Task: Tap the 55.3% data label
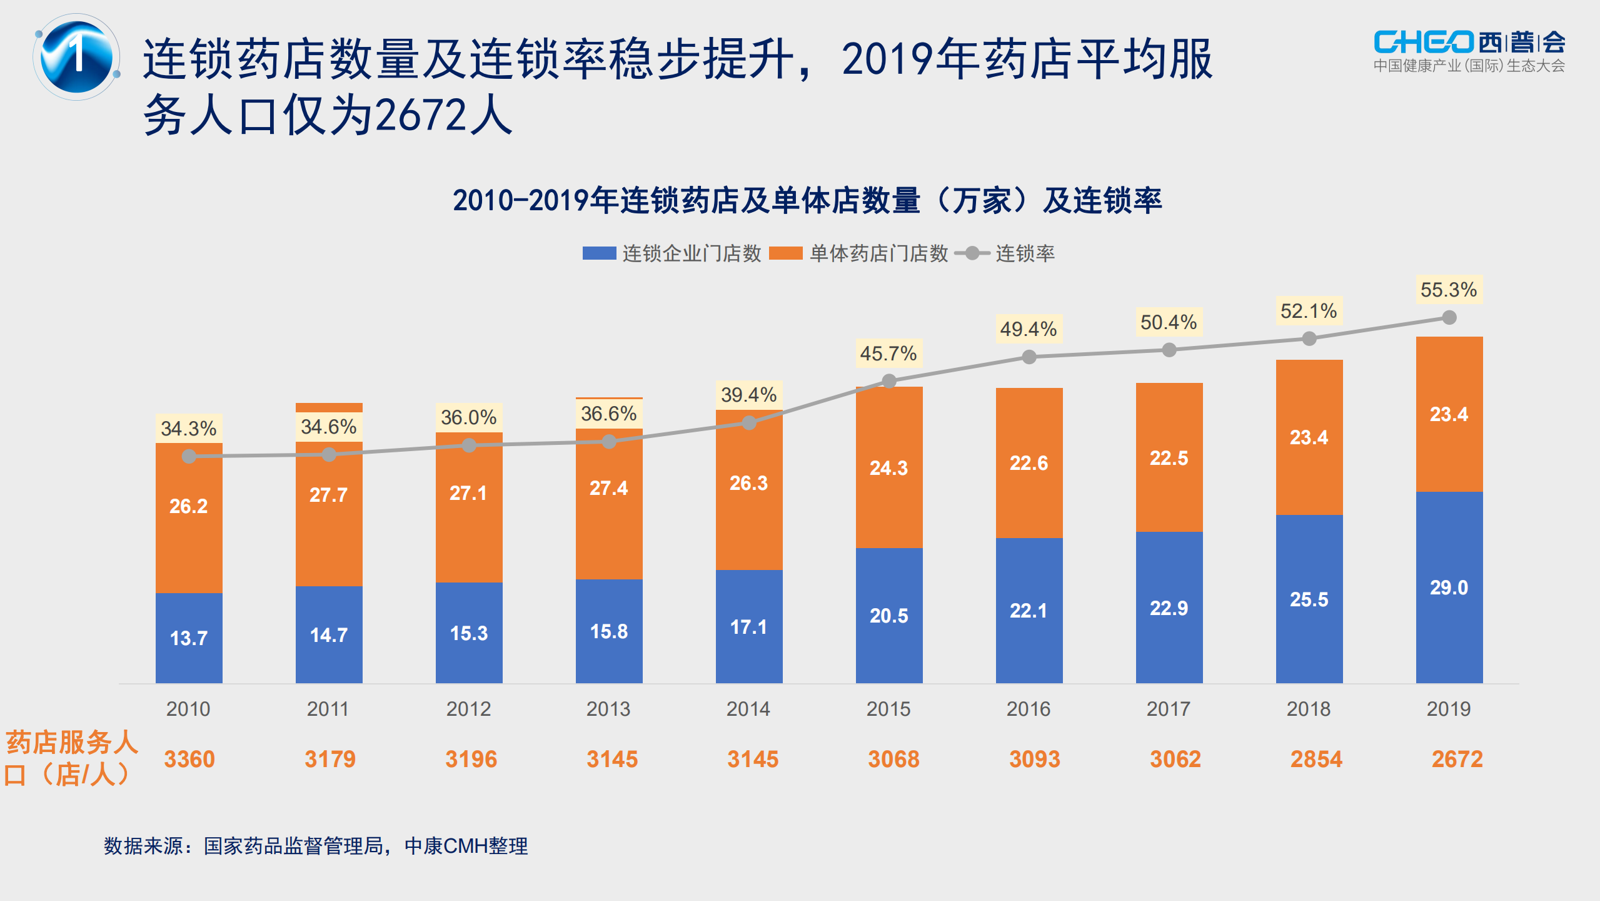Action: point(1448,290)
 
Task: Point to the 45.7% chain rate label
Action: point(888,354)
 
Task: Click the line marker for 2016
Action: point(1029,357)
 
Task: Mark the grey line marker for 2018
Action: point(1309,339)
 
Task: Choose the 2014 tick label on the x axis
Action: point(748,709)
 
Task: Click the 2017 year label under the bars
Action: point(1169,709)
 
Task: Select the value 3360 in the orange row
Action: point(189,759)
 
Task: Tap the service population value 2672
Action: point(1457,759)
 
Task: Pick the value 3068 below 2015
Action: point(893,759)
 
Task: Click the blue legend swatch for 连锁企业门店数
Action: point(599,253)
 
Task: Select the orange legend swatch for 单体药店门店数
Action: point(785,253)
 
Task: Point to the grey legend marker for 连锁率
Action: point(972,253)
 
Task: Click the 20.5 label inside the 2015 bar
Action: point(888,616)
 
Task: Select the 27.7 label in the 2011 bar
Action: point(328,495)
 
